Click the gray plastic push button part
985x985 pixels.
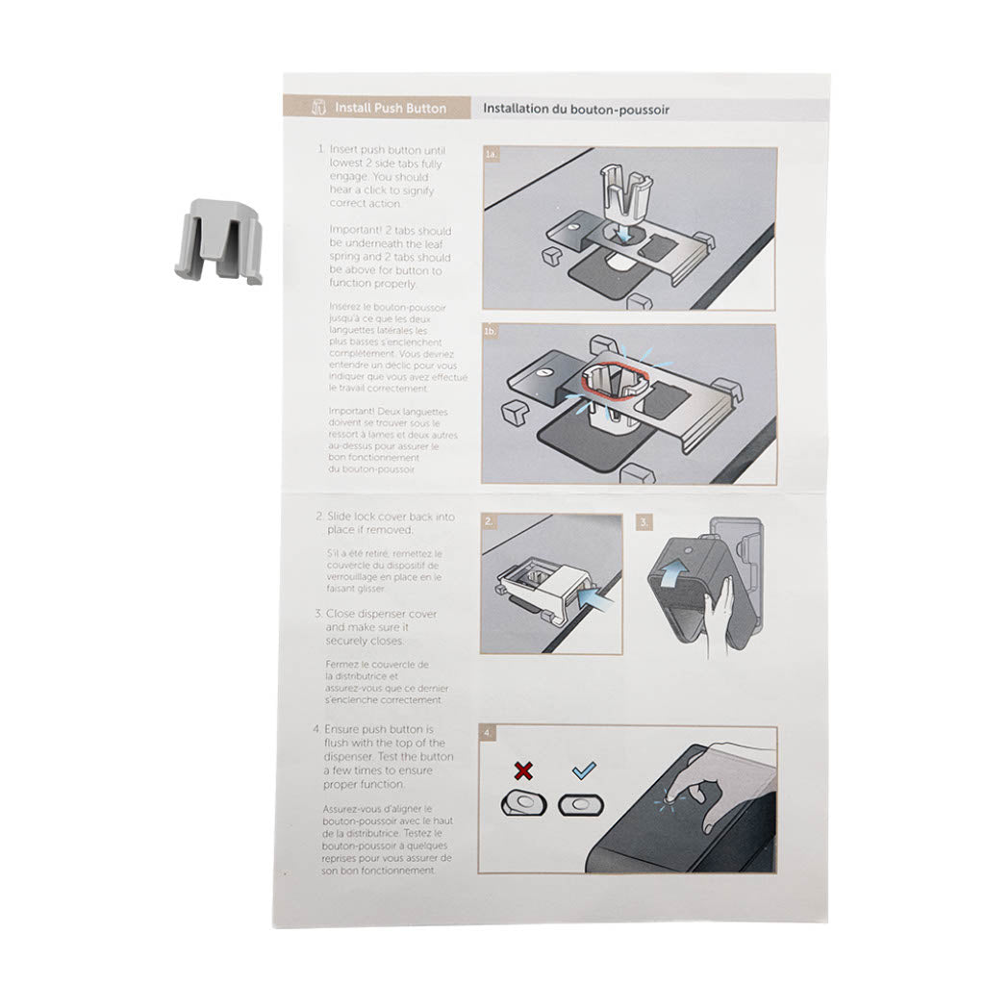point(218,241)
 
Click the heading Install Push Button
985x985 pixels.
point(390,109)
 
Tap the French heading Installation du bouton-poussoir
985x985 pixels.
point(575,110)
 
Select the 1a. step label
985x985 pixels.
point(492,154)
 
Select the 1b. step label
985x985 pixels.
point(492,332)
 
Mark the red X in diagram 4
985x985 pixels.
point(523,771)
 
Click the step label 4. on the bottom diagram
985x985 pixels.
point(490,734)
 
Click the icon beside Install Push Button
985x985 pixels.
point(319,109)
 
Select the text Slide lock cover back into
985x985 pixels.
point(391,517)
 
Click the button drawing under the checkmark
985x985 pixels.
point(580,803)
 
